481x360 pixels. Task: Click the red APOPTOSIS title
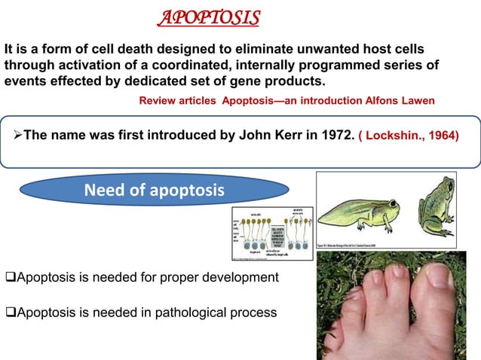[x=213, y=17]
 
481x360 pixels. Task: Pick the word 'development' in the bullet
[x=241, y=278]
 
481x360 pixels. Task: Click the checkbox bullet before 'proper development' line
[x=9, y=278]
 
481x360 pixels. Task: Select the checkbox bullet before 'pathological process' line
[x=9, y=313]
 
